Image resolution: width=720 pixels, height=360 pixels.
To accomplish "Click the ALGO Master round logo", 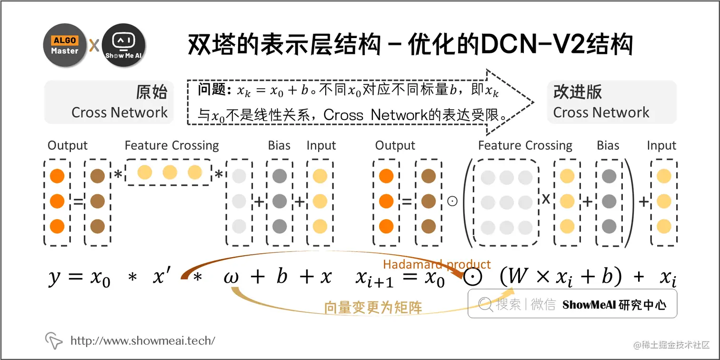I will point(65,46).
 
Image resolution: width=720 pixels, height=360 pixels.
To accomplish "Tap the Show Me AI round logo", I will point(124,46).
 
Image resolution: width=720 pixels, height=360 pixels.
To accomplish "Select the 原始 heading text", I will point(151,92).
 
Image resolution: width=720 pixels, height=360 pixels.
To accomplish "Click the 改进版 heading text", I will point(578,92).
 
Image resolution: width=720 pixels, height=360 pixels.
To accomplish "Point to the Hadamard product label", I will point(437,265).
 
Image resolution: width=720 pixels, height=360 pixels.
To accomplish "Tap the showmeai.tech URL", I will point(143,340).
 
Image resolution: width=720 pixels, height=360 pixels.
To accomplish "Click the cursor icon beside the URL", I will point(54,340).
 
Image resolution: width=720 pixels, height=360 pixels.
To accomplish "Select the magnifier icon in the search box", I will point(485,304).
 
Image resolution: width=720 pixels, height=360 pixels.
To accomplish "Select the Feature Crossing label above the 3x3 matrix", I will point(525,146).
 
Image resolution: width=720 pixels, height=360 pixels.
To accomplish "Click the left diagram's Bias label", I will point(279,146).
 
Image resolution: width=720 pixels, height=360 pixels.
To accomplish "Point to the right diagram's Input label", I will point(661,146).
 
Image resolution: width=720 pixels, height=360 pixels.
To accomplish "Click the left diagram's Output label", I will point(68,146).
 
